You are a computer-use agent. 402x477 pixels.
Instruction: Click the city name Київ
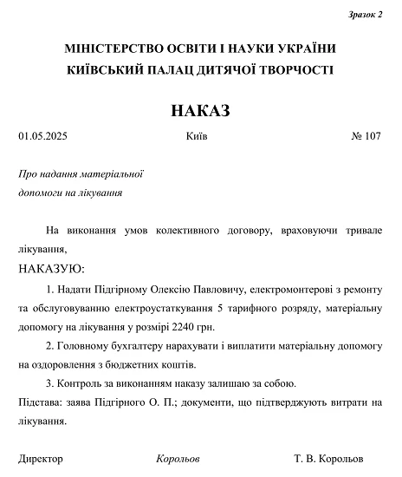pyautogui.click(x=197, y=137)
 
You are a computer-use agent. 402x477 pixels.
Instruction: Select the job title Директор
pyautogui.click(x=41, y=458)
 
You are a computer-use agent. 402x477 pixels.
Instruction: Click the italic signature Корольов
pyautogui.click(x=178, y=458)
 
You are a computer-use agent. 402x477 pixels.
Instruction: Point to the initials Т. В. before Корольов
pyautogui.click(x=306, y=458)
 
